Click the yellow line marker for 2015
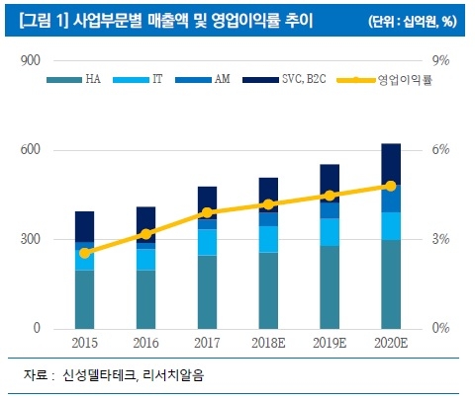(x=85, y=253)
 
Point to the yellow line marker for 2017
(x=206, y=212)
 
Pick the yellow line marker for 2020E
(x=390, y=186)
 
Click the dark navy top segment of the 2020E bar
(x=390, y=163)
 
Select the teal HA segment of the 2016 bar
(x=145, y=298)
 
